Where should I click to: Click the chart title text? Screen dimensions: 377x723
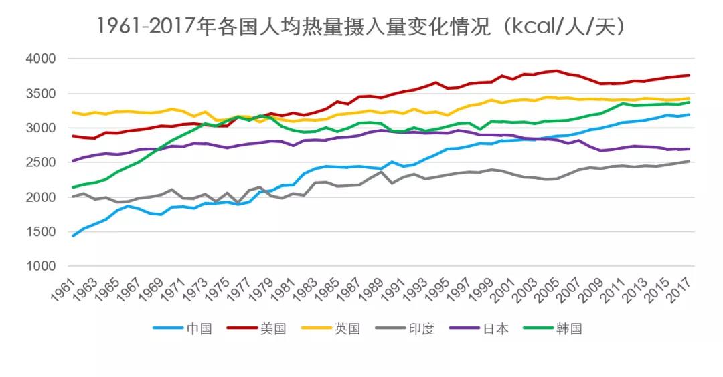pyautogui.click(x=361, y=27)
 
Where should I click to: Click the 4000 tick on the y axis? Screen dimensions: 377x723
pyautogui.click(x=42, y=59)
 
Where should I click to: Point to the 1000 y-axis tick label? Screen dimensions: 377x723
pyautogui.click(x=42, y=266)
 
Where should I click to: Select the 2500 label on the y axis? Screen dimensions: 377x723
pyautogui.click(x=42, y=162)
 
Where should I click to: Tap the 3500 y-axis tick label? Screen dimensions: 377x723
pyautogui.click(x=42, y=94)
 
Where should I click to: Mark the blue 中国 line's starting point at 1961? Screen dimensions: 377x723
pyautogui.click(x=72, y=235)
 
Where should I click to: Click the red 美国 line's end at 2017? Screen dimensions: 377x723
pyautogui.click(x=689, y=75)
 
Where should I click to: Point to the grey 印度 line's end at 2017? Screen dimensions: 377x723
pyautogui.click(x=689, y=161)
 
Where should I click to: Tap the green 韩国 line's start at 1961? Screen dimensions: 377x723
pyautogui.click(x=72, y=187)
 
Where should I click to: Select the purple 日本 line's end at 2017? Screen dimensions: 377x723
pyautogui.click(x=689, y=149)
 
